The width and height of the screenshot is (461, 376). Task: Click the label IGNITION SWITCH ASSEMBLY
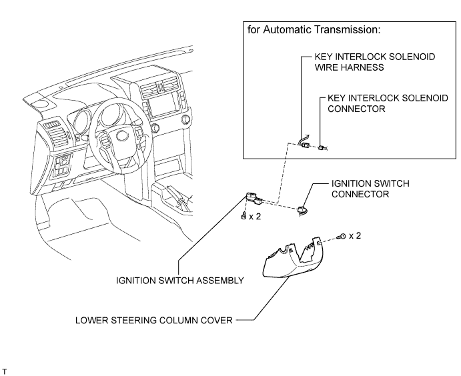click(x=180, y=281)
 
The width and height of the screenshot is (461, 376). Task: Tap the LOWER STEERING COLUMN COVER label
click(x=153, y=320)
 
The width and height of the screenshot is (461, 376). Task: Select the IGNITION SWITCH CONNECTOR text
click(x=370, y=189)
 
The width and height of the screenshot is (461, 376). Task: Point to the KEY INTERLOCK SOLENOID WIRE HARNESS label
click(x=375, y=62)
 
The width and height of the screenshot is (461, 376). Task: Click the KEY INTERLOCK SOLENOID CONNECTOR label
click(x=388, y=103)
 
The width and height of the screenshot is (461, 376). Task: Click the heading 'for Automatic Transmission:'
click(x=314, y=30)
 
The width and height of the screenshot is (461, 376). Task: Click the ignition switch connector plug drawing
click(x=302, y=210)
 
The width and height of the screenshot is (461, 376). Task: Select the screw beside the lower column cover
click(x=342, y=237)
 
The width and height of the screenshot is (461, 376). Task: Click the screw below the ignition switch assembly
click(x=243, y=217)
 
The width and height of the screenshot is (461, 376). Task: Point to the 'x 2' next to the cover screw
click(x=355, y=236)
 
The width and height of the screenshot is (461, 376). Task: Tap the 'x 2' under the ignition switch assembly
click(x=255, y=217)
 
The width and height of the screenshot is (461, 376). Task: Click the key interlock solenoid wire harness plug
click(x=305, y=144)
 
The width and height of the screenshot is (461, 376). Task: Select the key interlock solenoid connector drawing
click(x=322, y=148)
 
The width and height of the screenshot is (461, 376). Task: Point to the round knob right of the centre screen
click(x=185, y=119)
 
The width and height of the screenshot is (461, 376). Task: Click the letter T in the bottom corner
click(x=4, y=372)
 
